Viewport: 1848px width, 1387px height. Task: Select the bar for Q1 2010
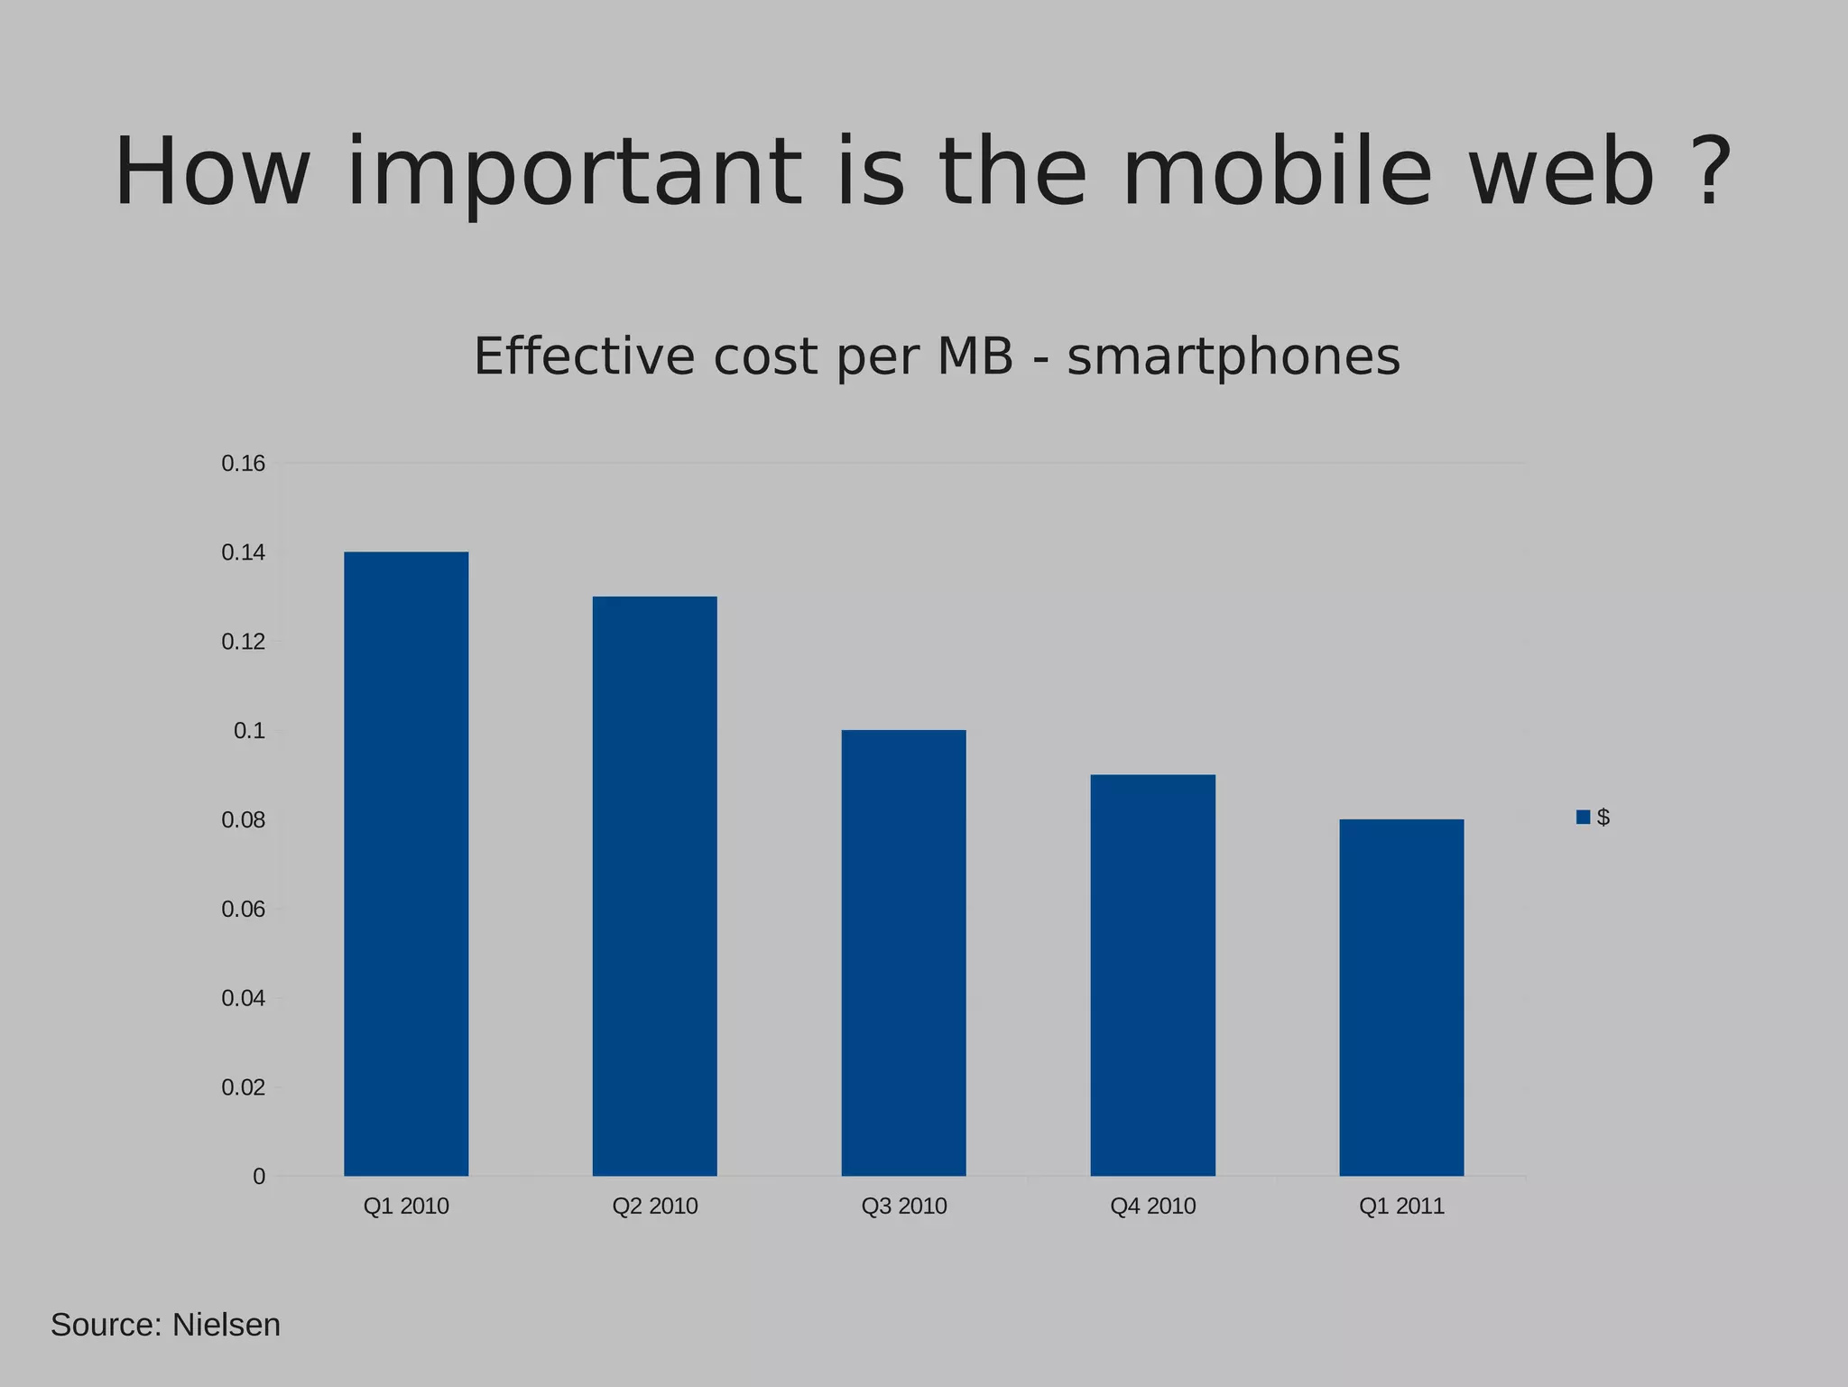406,864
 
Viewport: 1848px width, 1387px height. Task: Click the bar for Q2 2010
655,886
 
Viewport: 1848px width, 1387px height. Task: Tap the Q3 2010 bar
903,953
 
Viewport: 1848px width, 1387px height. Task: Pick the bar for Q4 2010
1152,975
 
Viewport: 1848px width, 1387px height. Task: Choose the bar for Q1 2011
1401,997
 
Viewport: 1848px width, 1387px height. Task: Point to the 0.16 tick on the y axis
244,464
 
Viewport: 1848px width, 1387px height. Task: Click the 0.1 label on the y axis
250,731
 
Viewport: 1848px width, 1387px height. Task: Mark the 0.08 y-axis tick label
244,820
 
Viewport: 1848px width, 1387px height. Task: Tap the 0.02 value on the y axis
244,1087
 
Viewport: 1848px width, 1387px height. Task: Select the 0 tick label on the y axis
259,1177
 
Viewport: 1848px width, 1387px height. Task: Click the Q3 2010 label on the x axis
903,1207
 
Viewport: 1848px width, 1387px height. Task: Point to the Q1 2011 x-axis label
1401,1207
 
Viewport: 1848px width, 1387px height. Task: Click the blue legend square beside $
1583,817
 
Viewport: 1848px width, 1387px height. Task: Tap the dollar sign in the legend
1603,817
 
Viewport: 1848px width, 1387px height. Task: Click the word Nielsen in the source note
226,1325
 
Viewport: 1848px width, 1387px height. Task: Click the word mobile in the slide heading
1277,171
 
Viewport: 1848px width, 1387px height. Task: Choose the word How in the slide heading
212,171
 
